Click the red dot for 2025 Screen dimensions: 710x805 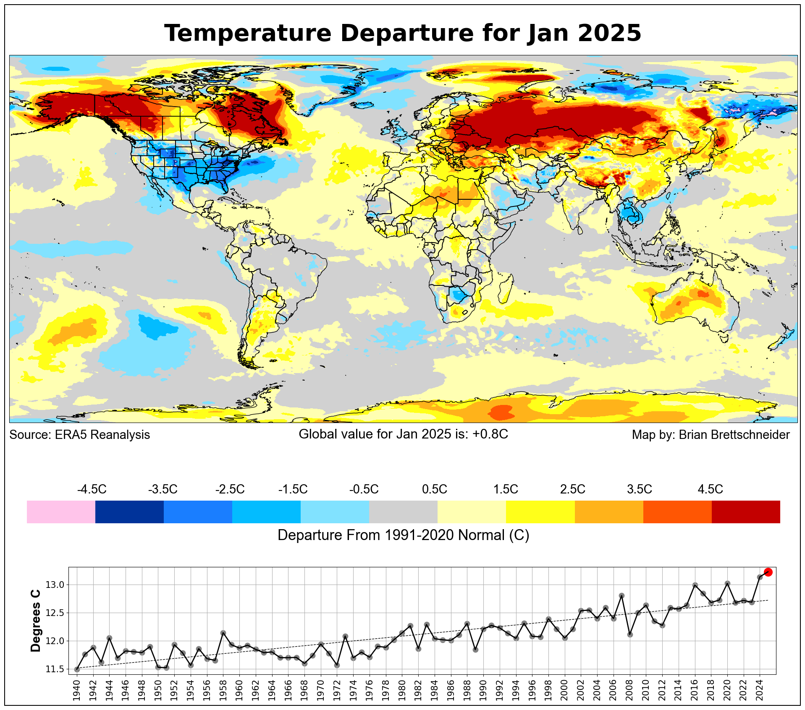(768, 572)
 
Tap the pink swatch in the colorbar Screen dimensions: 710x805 (61, 512)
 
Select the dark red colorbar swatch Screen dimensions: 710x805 (746, 512)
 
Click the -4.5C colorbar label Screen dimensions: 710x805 (92, 489)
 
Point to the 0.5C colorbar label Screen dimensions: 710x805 (434, 489)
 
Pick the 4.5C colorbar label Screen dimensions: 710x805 (710, 489)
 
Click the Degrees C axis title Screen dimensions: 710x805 (36, 621)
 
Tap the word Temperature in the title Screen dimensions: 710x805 (248, 33)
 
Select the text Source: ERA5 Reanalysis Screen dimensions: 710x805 (80, 435)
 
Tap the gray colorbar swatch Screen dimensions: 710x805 (403, 512)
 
